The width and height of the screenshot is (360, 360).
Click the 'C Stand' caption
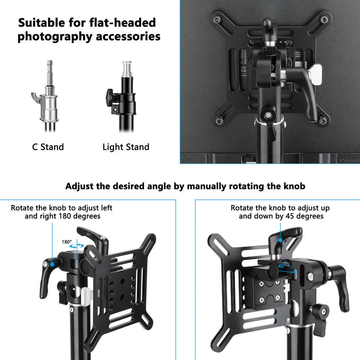coord(48,147)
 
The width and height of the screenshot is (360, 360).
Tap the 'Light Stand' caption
coord(126,147)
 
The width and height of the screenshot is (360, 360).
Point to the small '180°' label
coord(67,242)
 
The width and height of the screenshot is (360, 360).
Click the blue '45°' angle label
coord(281,266)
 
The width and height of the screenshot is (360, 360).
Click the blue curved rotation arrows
coord(76,246)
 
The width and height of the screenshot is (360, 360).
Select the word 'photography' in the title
coord(54,37)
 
